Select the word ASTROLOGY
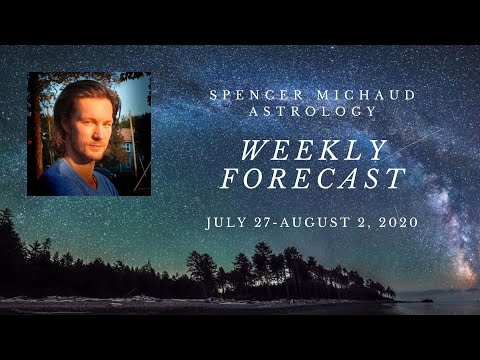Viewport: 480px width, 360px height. point(294,112)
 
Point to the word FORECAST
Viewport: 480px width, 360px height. point(313,179)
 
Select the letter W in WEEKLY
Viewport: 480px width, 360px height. point(259,150)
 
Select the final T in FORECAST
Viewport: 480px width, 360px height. point(397,179)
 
